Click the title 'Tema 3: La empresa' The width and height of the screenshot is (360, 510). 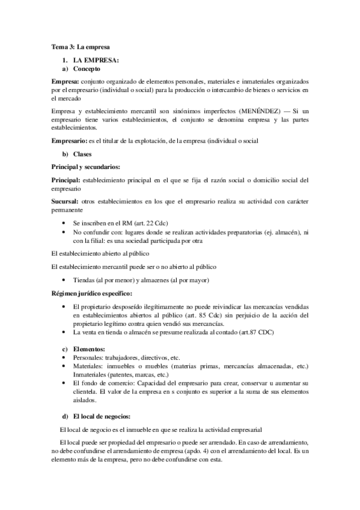pos(80,46)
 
